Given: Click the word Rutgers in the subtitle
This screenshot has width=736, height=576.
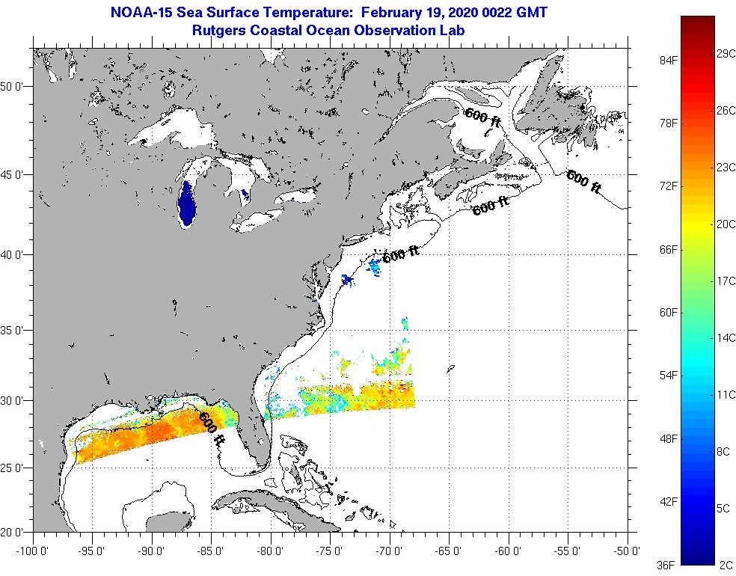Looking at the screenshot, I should point(216,30).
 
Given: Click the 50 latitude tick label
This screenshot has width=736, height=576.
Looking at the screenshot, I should point(16,86).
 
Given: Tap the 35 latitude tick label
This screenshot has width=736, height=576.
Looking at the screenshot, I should point(16,330).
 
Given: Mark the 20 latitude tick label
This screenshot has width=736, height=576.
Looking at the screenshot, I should point(16,533).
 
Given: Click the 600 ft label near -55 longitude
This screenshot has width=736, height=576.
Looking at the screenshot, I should point(583,182).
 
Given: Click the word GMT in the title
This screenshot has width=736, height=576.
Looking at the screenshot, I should point(531,13).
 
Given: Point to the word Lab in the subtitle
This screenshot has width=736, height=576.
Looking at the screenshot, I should point(453,30).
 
